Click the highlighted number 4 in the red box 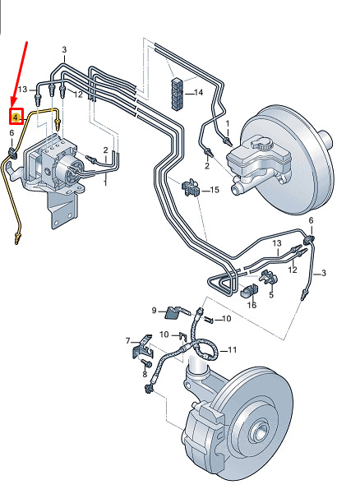click(16, 118)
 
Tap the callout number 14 click(198, 92)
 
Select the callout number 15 click(215, 190)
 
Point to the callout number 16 click(252, 305)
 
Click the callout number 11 click(232, 350)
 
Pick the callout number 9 click(154, 311)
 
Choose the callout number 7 click(128, 341)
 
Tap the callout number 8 click(145, 374)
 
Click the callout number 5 click(271, 295)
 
